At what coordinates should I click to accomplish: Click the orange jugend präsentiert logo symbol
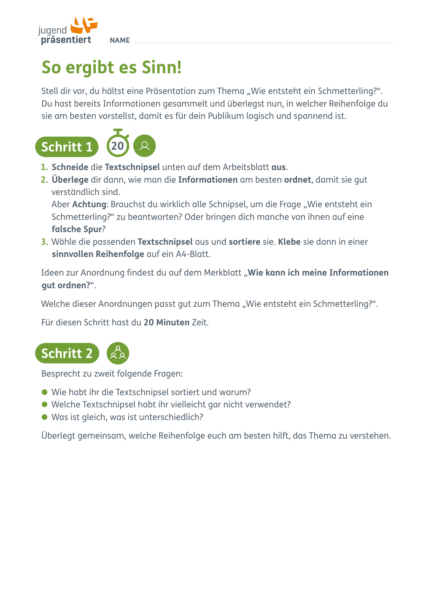(83, 25)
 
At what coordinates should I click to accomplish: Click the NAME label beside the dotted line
(120, 40)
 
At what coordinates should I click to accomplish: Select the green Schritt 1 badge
(67, 147)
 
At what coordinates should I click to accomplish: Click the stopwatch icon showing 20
(118, 144)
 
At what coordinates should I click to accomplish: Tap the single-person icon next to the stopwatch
(144, 146)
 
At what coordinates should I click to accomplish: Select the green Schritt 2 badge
(67, 353)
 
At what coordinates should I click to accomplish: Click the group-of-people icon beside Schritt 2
(118, 353)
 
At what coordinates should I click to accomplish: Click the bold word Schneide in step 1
(70, 167)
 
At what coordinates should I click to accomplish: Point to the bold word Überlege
(70, 180)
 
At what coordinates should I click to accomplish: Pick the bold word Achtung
(89, 204)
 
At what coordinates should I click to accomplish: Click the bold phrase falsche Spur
(77, 229)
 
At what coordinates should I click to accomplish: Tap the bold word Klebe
(289, 242)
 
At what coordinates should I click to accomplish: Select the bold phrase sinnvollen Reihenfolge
(98, 254)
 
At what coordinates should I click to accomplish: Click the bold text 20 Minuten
(166, 323)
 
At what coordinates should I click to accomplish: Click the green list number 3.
(44, 242)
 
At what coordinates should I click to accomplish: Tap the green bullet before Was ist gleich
(45, 417)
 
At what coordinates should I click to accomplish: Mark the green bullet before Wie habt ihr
(45, 392)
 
